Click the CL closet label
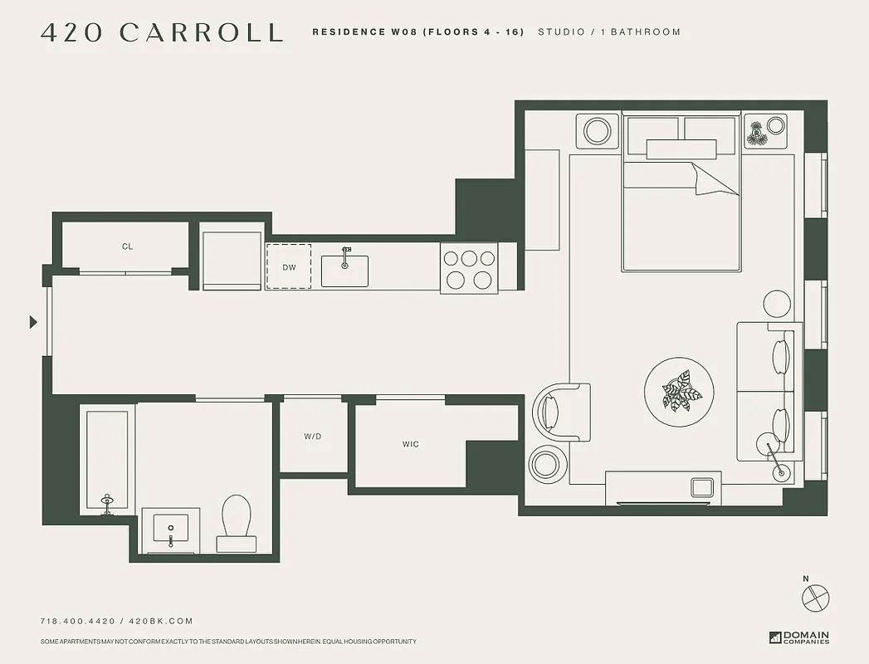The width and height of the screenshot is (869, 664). pyautogui.click(x=127, y=247)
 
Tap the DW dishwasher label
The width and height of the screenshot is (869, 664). pyautogui.click(x=289, y=267)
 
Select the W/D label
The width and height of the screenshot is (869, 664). pyautogui.click(x=313, y=436)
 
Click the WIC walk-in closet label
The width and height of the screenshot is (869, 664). pyautogui.click(x=411, y=444)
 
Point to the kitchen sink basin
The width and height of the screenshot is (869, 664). pyautogui.click(x=344, y=271)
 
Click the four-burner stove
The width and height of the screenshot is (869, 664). pyautogui.click(x=469, y=269)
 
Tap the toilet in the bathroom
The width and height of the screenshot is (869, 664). pyautogui.click(x=237, y=520)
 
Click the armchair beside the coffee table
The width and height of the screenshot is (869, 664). pyautogui.click(x=564, y=412)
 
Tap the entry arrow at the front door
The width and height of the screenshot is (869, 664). pyautogui.click(x=33, y=322)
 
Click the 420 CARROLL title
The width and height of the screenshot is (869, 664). pyautogui.click(x=162, y=32)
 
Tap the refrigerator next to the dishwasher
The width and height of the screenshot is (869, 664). pyautogui.click(x=232, y=260)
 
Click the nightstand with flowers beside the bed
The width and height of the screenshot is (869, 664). pyautogui.click(x=764, y=130)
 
